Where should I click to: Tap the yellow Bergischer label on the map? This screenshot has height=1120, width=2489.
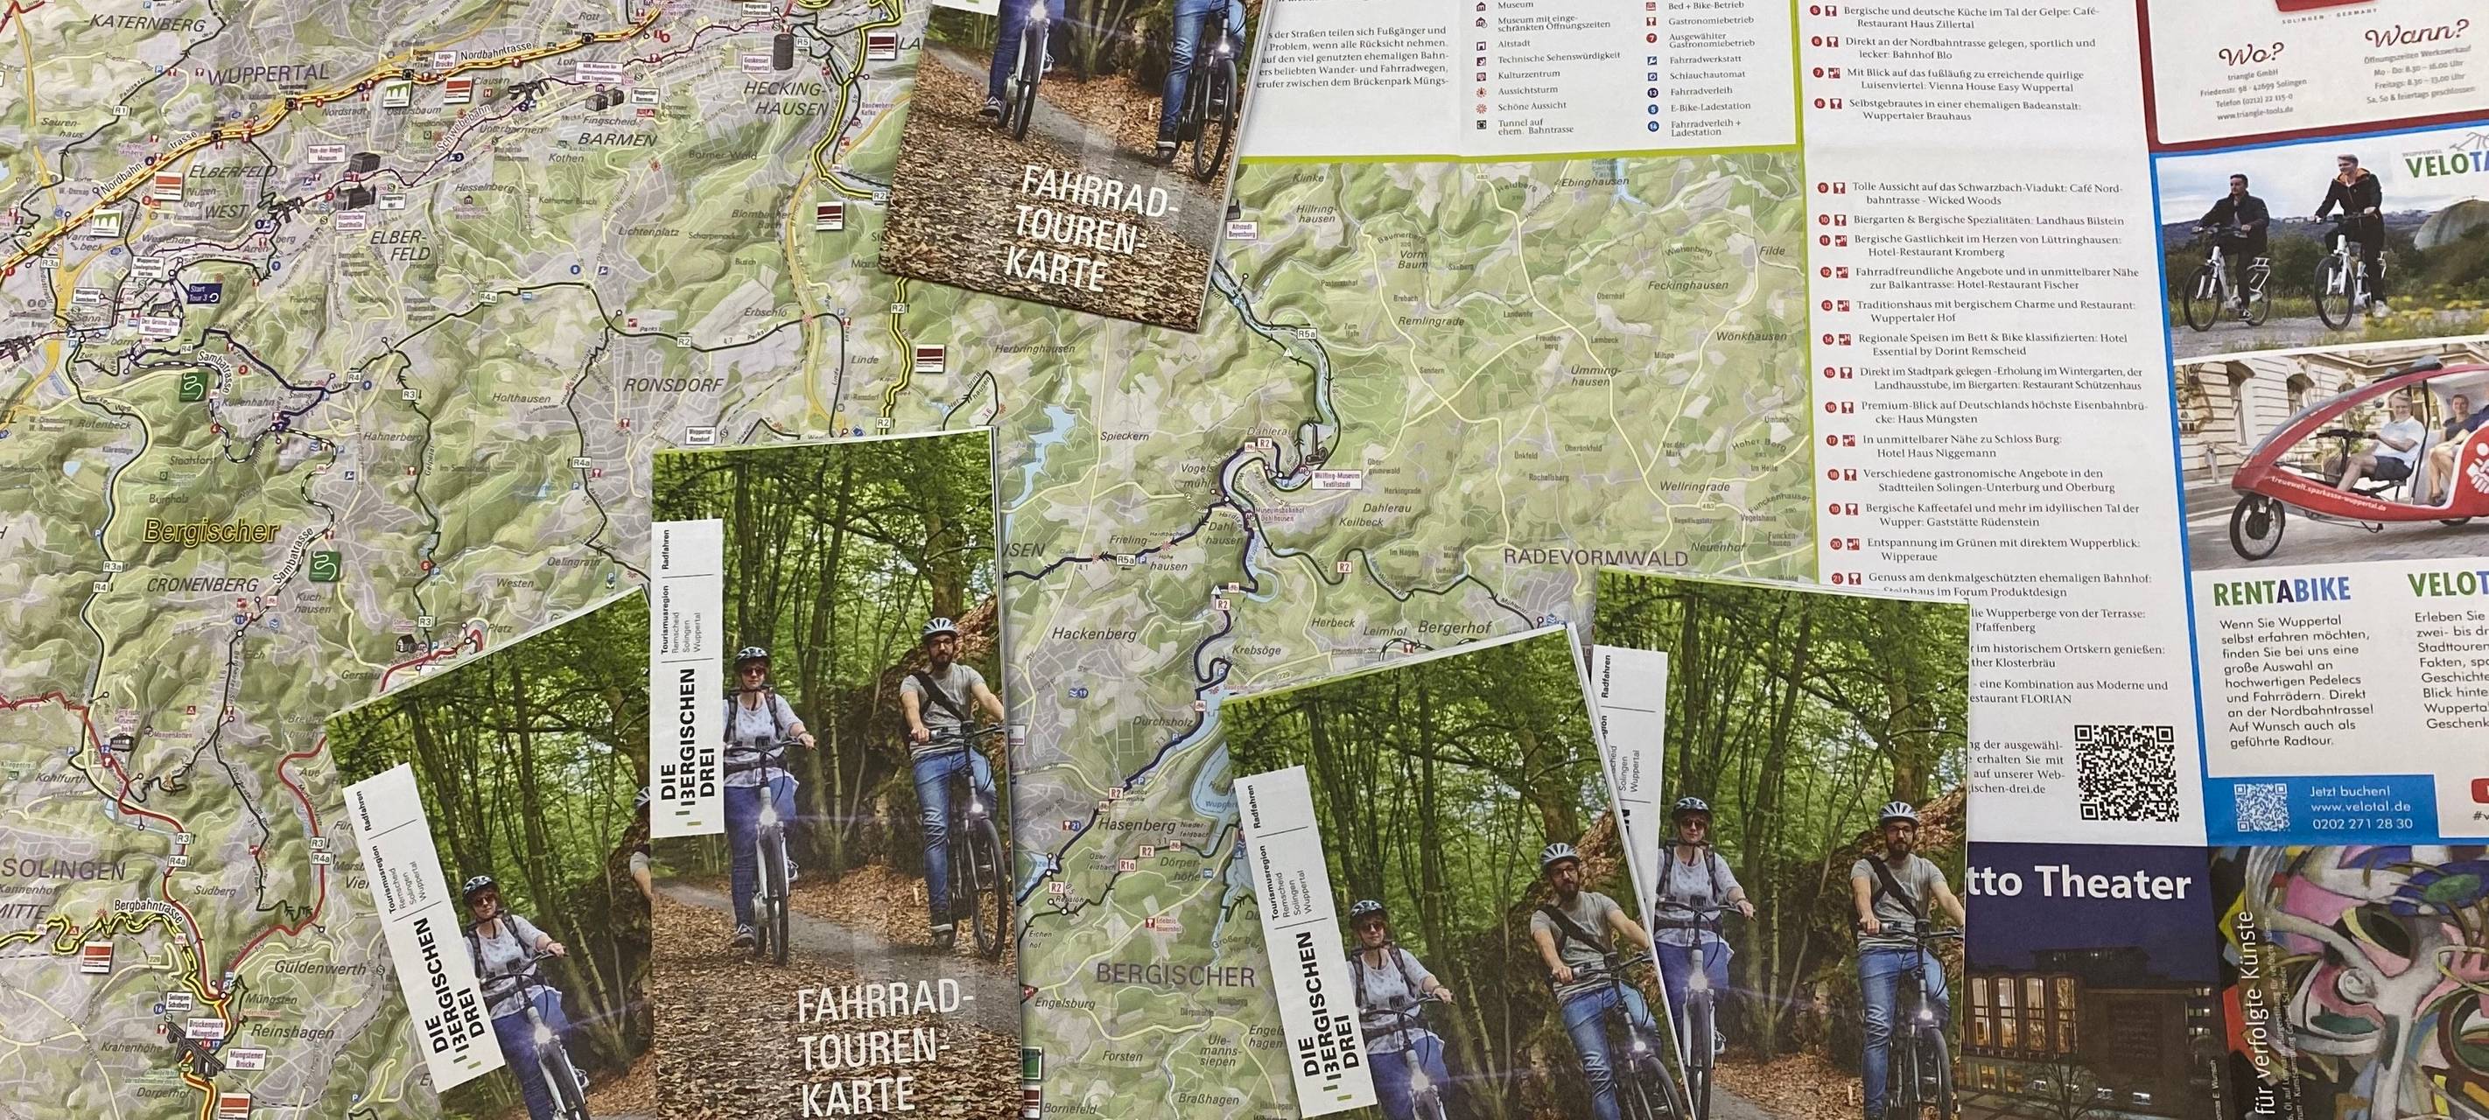click(211, 530)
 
